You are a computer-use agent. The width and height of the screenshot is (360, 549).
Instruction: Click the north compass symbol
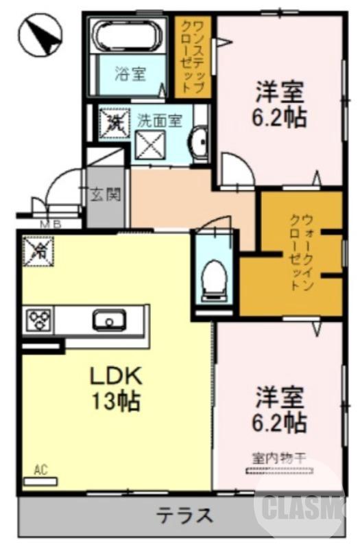click(40, 36)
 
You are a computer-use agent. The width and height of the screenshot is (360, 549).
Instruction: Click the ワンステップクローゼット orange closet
click(193, 56)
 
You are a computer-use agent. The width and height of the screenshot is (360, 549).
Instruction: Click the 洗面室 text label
click(159, 120)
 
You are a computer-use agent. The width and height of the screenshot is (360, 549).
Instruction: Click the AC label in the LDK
click(40, 470)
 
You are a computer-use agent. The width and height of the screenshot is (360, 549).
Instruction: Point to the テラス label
click(184, 515)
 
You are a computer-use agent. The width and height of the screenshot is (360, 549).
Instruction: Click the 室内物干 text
click(277, 458)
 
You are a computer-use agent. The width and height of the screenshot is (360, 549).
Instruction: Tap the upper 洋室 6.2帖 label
click(280, 104)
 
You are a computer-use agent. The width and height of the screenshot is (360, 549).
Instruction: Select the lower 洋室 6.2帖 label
click(280, 410)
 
